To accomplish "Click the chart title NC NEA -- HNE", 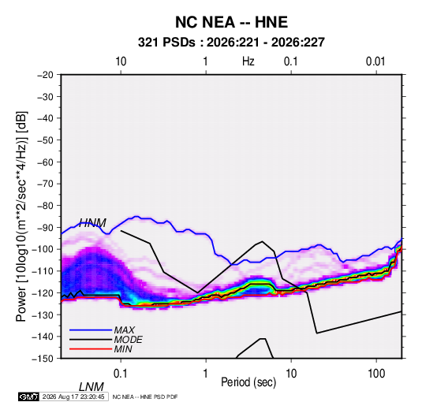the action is coord(231,22).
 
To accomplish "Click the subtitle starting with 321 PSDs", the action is coord(231,43).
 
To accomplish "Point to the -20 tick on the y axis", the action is coord(45,75).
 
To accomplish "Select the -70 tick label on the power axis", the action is coord(45,184).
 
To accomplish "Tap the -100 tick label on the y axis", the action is coord(43,249).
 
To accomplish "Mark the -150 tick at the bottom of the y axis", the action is coord(43,359).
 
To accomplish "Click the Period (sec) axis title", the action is coord(248,382).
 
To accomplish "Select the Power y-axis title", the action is coord(21,217).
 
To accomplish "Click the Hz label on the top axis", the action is coord(248,61).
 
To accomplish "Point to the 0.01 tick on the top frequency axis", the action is coord(375,61).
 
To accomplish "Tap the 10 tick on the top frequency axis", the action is coord(121,61).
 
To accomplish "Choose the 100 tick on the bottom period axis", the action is coord(376,374).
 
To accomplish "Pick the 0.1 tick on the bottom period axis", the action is coord(121,374).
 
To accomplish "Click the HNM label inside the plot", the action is coord(92,223).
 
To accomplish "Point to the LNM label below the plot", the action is coord(91,387).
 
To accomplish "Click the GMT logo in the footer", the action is coord(28,397).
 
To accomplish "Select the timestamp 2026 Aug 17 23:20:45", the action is coord(73,397).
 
